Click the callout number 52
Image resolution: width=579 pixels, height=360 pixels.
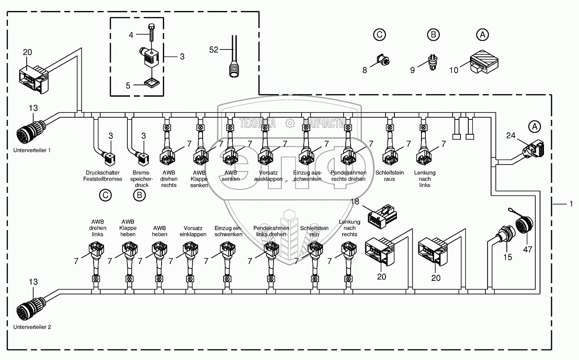(214, 49)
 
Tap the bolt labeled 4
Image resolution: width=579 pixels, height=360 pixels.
(151, 33)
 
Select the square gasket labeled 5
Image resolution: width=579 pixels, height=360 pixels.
(152, 83)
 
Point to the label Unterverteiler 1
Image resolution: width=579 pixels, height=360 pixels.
(32, 150)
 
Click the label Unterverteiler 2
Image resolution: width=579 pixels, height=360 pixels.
(32, 327)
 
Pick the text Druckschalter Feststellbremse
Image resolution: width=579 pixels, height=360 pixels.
(102, 176)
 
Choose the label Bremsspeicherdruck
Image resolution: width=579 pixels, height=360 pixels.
(141, 179)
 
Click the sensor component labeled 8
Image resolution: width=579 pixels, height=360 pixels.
(383, 60)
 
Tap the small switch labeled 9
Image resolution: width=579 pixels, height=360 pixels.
(433, 62)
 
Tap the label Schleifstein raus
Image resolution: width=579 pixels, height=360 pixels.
(389, 176)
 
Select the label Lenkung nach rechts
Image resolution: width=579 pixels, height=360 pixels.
(350, 228)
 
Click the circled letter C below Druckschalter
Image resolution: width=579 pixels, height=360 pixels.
(105, 195)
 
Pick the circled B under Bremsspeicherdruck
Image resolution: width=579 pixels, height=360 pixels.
(139, 195)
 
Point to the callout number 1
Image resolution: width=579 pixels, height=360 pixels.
(572, 204)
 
